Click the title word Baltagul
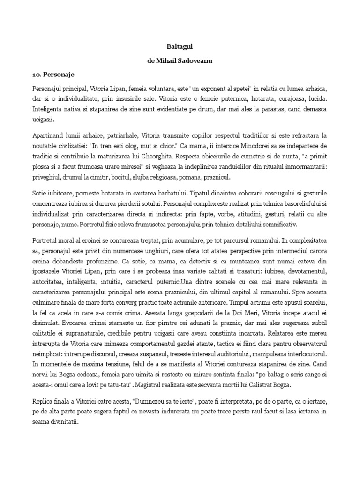(x=180, y=47)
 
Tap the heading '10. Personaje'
(x=54, y=75)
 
